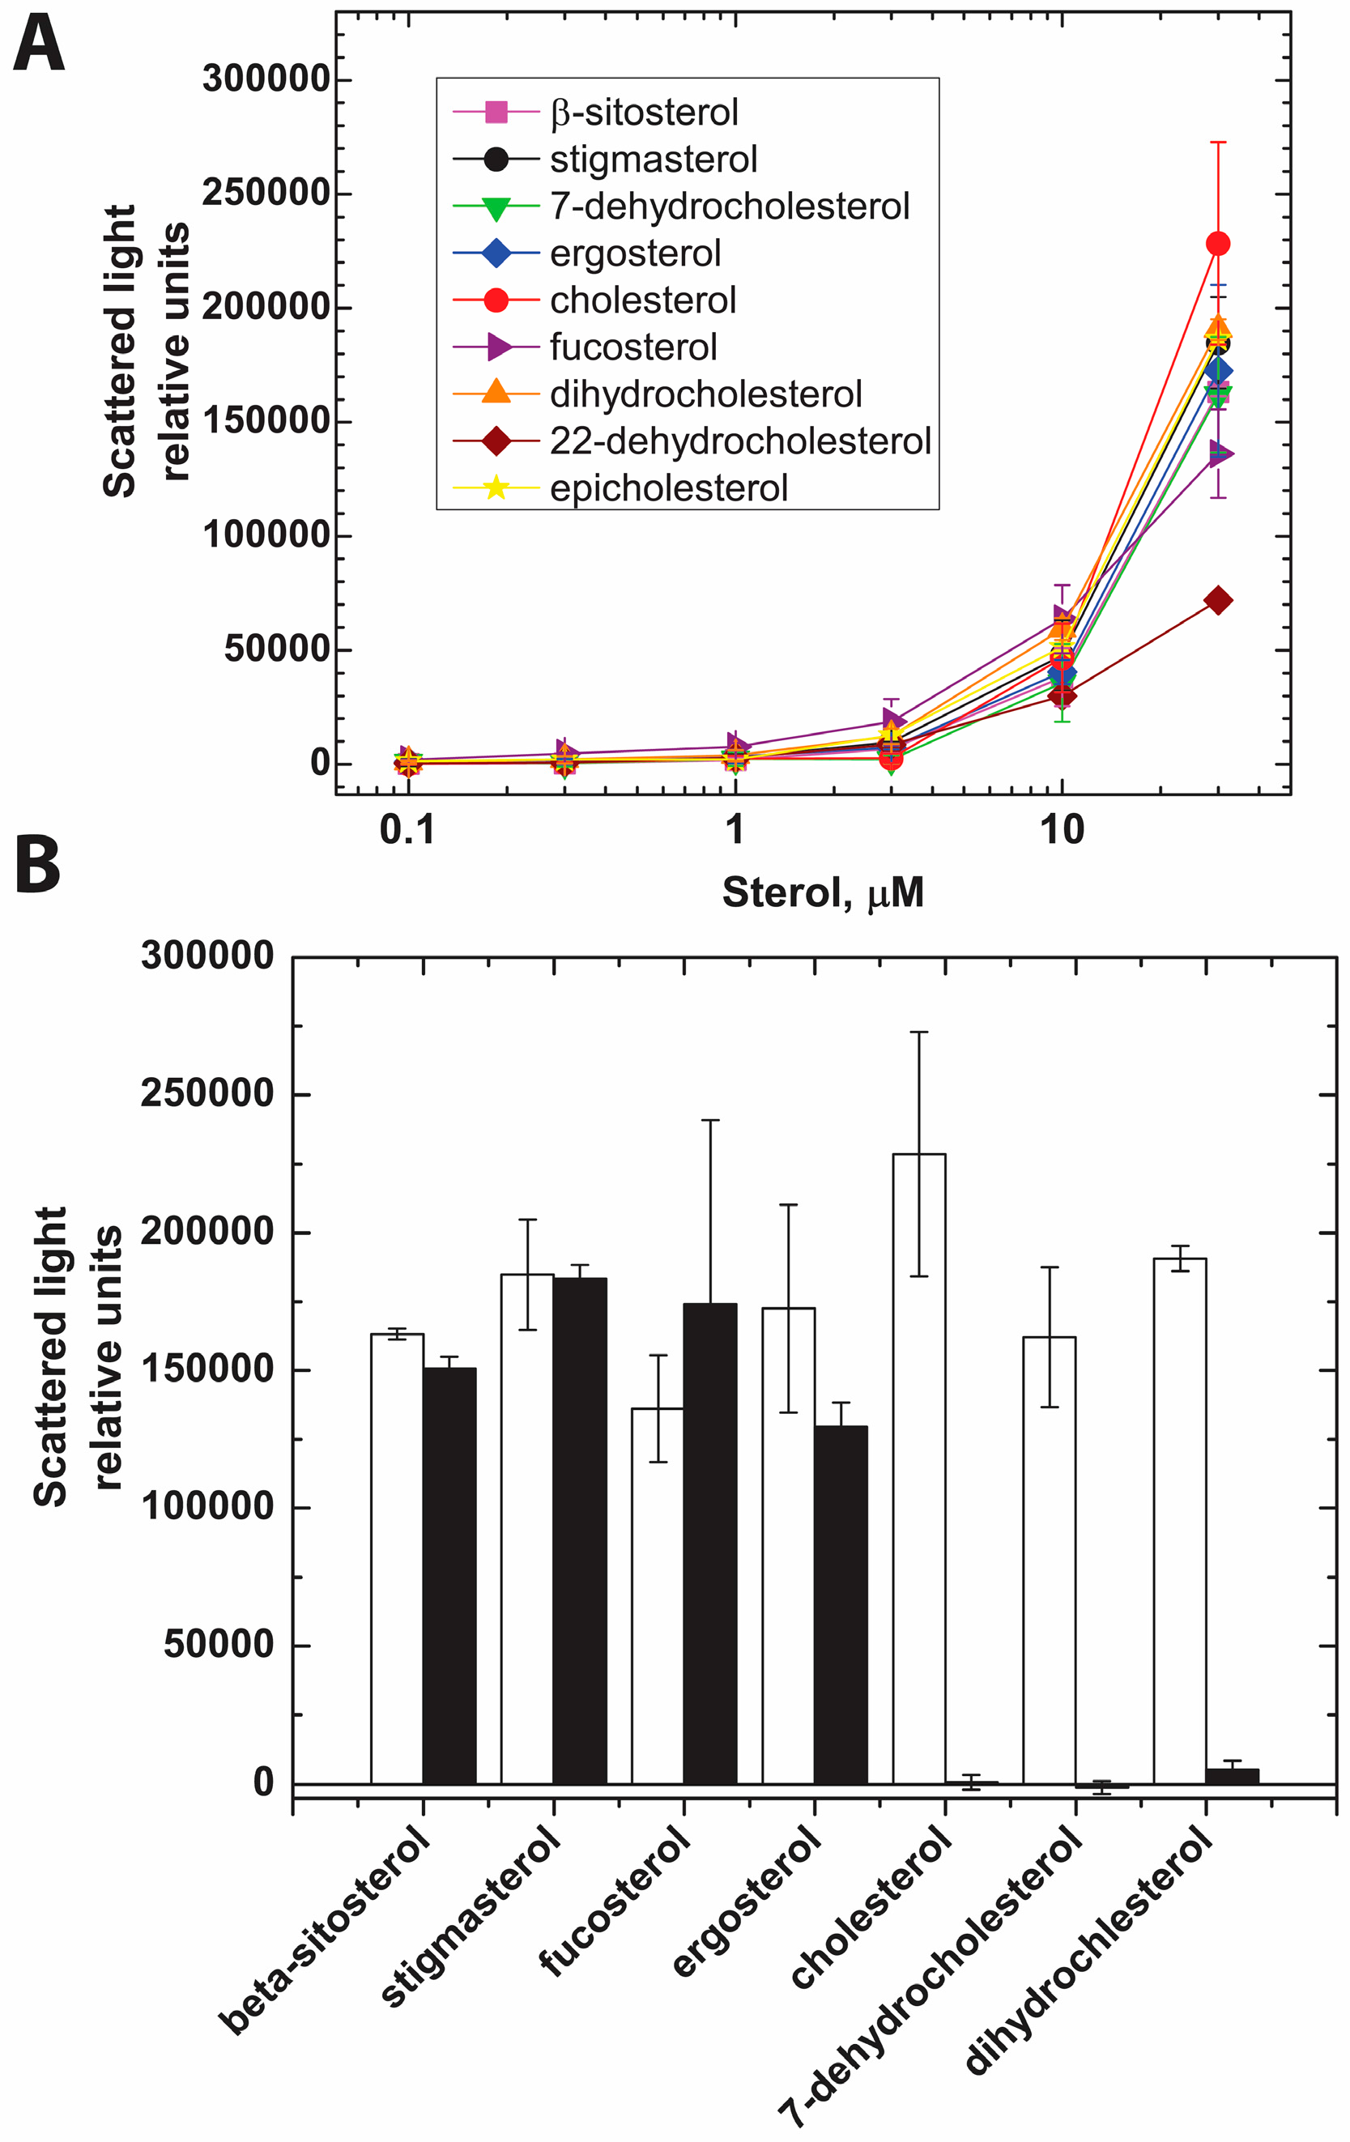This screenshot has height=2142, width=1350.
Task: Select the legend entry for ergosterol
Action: tap(634, 253)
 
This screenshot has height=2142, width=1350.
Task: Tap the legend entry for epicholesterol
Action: tap(668, 488)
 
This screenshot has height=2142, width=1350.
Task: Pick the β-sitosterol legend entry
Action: tap(643, 113)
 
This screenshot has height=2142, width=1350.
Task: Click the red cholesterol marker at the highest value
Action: tap(1217, 244)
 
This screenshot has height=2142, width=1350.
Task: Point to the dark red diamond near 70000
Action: tap(1217, 602)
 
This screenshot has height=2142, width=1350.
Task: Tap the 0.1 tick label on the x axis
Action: tap(407, 830)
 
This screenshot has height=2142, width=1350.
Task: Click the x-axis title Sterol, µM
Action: tap(823, 892)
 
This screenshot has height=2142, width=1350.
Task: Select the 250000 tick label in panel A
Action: tap(266, 192)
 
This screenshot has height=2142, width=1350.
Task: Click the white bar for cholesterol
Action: tap(918, 1467)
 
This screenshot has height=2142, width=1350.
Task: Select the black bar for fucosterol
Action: tap(709, 1544)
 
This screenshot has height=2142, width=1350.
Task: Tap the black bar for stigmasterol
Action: tap(579, 1530)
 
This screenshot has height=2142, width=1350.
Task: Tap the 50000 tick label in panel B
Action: tap(218, 1644)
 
